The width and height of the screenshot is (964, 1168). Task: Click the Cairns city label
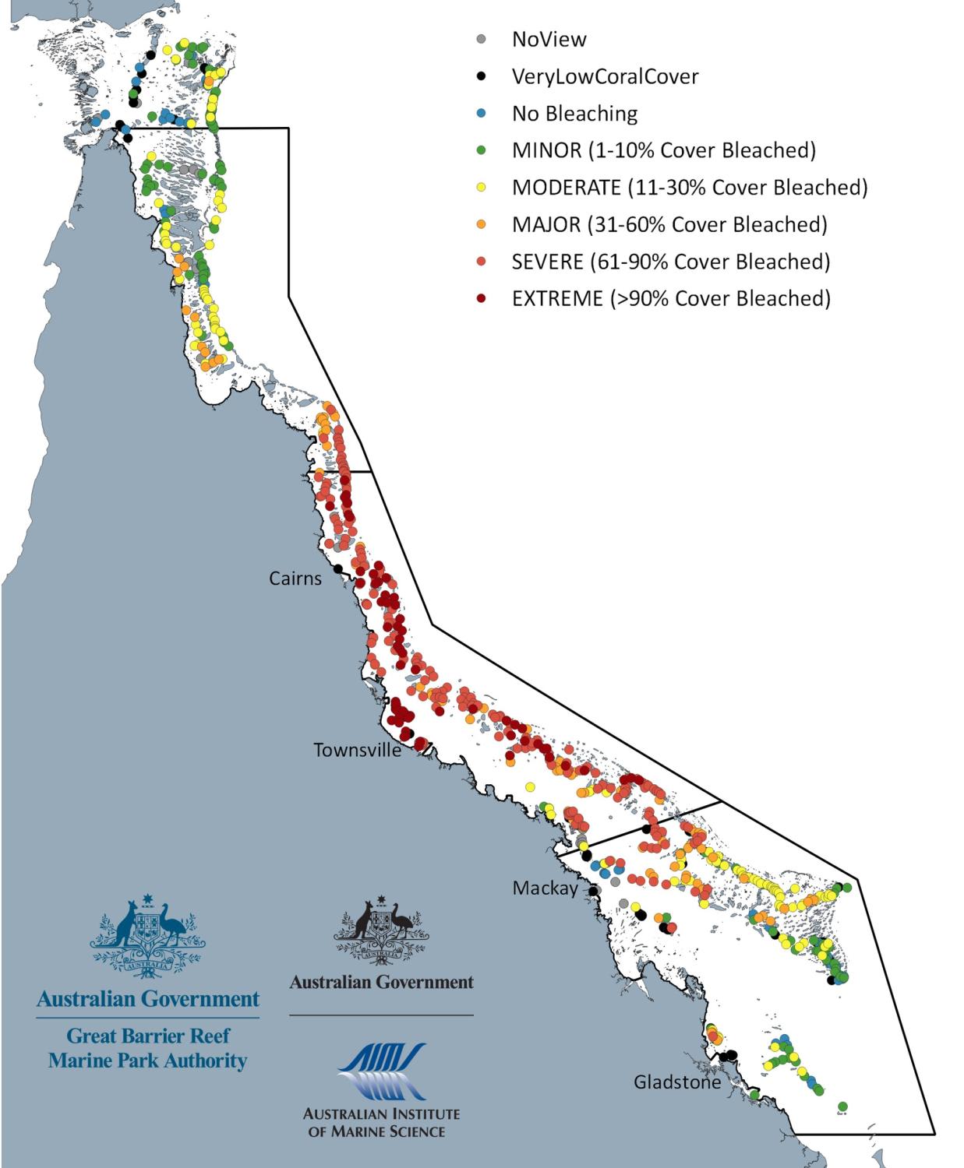pyautogui.click(x=295, y=579)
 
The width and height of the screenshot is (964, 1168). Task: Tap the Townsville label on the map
pyautogui.click(x=357, y=750)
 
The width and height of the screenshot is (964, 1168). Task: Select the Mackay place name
pyautogui.click(x=545, y=888)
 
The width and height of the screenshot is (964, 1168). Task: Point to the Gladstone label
pyautogui.click(x=676, y=1082)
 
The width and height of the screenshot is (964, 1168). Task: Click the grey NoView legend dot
pyautogui.click(x=482, y=40)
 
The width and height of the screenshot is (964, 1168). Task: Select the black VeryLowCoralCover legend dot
pyautogui.click(x=482, y=76)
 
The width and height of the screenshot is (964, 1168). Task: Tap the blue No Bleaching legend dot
pyautogui.click(x=482, y=114)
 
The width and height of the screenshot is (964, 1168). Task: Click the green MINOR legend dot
pyautogui.click(x=482, y=150)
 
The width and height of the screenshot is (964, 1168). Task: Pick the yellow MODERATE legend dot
pyautogui.click(x=482, y=188)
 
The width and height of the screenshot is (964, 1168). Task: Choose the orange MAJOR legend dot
pyautogui.click(x=482, y=224)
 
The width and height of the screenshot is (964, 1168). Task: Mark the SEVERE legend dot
pyautogui.click(x=482, y=262)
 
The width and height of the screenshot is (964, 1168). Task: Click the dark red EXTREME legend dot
pyautogui.click(x=482, y=298)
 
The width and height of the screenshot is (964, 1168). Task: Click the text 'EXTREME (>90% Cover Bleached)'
pyautogui.click(x=671, y=298)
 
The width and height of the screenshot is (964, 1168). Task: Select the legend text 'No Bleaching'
pyautogui.click(x=574, y=114)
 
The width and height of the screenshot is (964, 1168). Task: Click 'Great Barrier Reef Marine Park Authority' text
pyautogui.click(x=147, y=1048)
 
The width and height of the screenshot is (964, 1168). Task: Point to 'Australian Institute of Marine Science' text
pyautogui.click(x=381, y=1122)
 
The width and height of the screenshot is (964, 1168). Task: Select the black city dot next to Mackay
pyautogui.click(x=592, y=890)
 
